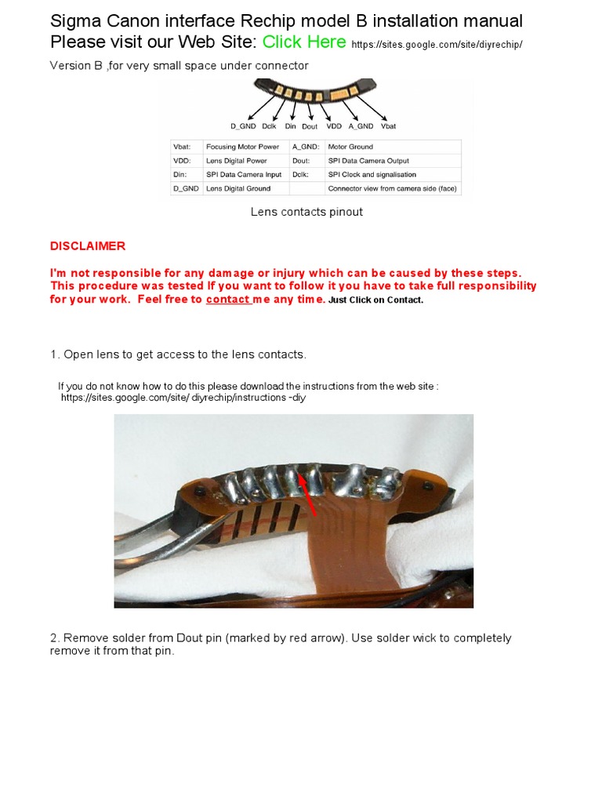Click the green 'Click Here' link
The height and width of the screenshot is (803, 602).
(304, 42)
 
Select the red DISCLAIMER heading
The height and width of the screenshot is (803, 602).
(88, 245)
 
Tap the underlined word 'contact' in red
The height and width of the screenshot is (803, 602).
(228, 299)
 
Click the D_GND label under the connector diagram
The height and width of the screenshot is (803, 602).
(243, 126)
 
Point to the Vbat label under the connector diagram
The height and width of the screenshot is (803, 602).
(389, 126)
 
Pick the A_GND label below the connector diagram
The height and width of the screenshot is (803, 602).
(361, 126)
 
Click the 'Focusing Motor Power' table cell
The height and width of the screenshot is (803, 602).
(243, 147)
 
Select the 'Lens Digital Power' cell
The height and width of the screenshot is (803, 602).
(237, 160)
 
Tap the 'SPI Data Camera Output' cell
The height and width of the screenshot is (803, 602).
(368, 160)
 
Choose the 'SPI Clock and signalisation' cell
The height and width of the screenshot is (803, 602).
(372, 174)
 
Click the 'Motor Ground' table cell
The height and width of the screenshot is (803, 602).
(350, 147)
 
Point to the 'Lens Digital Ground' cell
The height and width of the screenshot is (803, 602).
(238, 188)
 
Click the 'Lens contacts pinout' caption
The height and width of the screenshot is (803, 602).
(306, 212)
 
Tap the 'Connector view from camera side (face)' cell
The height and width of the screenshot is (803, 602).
(392, 188)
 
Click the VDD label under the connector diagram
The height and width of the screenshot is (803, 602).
(334, 126)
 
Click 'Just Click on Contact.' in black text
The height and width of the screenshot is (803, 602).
(375, 300)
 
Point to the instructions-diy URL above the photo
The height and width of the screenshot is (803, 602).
(183, 398)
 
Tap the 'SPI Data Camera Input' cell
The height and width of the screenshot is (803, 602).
(244, 174)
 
